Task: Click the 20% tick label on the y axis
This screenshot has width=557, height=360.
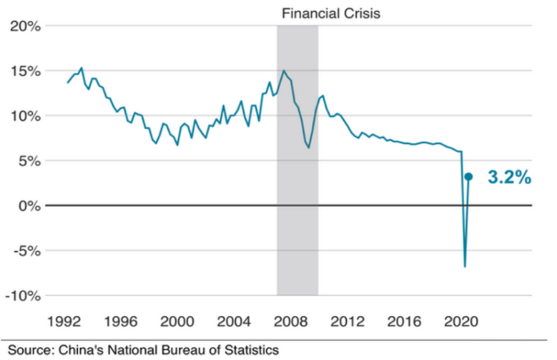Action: coord(25,26)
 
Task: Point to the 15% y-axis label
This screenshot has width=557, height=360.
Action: coord(25,71)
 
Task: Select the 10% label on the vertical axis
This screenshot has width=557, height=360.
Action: coord(25,116)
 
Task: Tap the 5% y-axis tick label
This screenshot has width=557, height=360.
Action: coord(29,161)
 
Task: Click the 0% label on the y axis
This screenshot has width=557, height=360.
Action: coord(29,206)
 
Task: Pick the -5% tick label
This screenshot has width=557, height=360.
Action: coord(26,251)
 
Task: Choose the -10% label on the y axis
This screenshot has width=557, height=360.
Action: coord(22,296)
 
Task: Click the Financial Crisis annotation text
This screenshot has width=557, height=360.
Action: coord(331,13)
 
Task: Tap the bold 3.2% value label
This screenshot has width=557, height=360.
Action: coord(510,178)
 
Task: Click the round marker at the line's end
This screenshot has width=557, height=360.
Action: coord(469,177)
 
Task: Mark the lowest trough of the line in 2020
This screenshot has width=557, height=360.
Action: coord(464,266)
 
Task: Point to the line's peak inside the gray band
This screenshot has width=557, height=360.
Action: coord(283,70)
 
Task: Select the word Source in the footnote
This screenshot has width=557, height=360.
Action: coord(29,349)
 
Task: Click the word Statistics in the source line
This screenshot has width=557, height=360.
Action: coord(250,349)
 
